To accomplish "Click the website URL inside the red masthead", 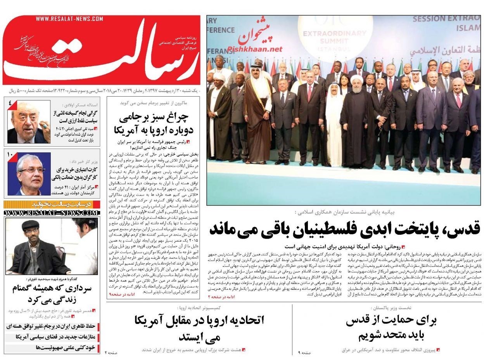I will tap(69, 19).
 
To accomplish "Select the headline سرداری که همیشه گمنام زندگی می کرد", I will tap(52, 294).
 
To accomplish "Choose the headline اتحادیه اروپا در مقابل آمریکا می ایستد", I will tap(199, 327).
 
